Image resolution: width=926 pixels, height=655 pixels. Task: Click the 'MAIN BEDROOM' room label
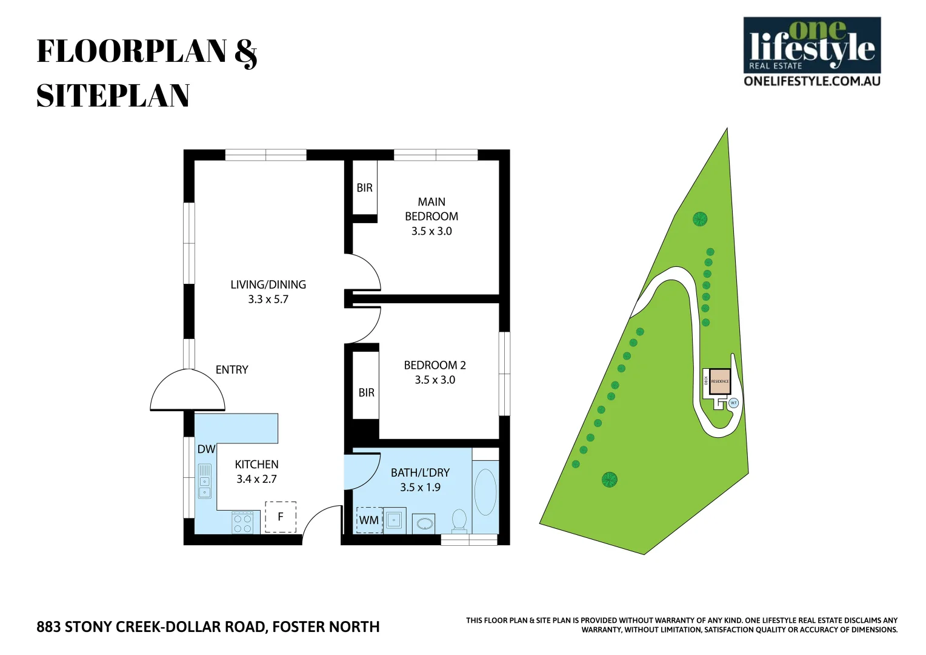(x=431, y=209)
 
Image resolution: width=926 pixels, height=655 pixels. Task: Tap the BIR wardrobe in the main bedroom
(x=365, y=187)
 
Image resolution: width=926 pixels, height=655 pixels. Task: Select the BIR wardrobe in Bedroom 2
(x=366, y=392)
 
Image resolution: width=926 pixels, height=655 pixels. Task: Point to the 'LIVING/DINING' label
(x=268, y=284)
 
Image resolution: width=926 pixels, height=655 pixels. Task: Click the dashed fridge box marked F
(x=281, y=517)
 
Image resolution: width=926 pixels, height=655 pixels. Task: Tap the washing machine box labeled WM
(x=368, y=520)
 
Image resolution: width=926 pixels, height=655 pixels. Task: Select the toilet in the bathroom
(x=459, y=521)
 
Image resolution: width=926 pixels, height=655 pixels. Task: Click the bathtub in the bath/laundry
(x=485, y=492)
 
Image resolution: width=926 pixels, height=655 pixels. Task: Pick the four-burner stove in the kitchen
(x=242, y=522)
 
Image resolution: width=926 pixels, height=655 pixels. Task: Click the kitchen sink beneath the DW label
(x=205, y=481)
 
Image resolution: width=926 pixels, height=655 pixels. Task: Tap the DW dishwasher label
(x=206, y=449)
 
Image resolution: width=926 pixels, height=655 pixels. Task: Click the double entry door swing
(x=188, y=392)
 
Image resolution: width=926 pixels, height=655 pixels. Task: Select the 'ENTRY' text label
(x=232, y=370)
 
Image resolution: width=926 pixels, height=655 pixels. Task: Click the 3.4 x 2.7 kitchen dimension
(x=256, y=479)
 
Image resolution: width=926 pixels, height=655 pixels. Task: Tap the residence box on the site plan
(x=720, y=381)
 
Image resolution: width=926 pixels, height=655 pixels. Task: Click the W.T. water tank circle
(x=733, y=403)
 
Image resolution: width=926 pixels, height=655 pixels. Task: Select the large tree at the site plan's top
(x=700, y=219)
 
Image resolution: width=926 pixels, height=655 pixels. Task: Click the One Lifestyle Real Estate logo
(x=811, y=52)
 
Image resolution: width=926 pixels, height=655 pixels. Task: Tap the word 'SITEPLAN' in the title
(x=113, y=96)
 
